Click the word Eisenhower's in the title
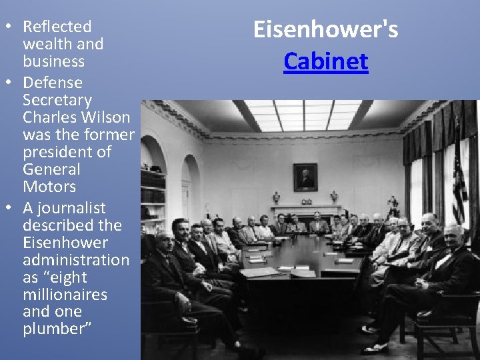tap(325, 29)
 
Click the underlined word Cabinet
tap(325, 61)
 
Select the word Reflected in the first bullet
tap(57, 27)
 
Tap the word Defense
tap(53, 83)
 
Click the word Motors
tap(49, 187)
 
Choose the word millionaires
tap(65, 295)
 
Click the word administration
tap(76, 260)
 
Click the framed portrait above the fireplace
tap(305, 177)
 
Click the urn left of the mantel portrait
tap(277, 197)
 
